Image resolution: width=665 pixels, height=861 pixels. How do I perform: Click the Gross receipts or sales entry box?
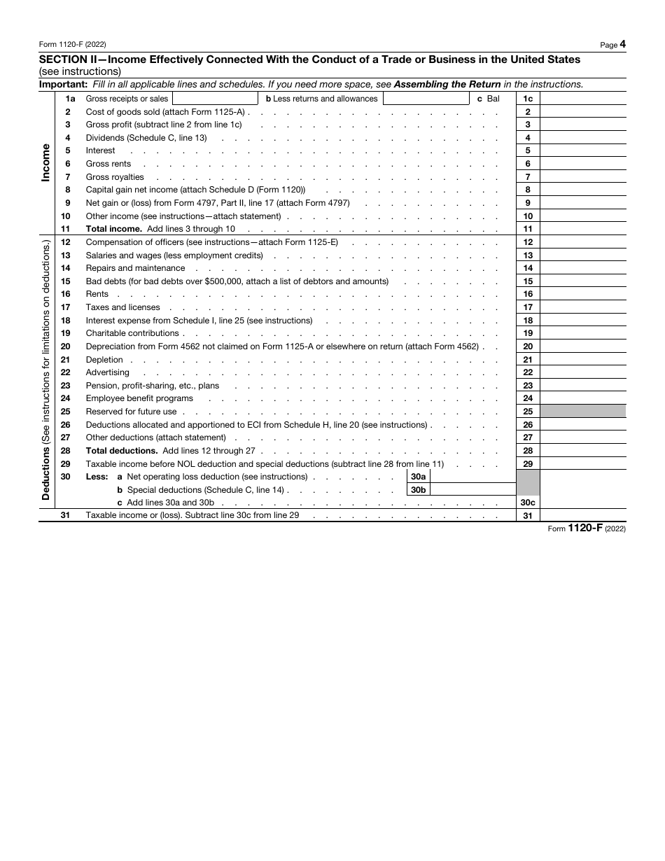point(214,99)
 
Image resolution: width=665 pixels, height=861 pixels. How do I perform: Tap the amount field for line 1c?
point(582,99)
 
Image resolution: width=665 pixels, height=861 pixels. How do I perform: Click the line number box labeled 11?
point(528,229)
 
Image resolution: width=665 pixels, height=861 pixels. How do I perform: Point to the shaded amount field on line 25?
point(582,412)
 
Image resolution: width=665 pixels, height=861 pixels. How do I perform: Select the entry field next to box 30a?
point(472,477)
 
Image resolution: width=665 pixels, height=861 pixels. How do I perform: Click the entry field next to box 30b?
point(472,490)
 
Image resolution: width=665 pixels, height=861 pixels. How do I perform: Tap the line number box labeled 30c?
point(528,503)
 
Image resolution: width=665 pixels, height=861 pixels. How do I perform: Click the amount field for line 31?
point(582,516)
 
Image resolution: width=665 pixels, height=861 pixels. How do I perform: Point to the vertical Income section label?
point(46,163)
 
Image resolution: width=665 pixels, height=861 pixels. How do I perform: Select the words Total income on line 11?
point(114,229)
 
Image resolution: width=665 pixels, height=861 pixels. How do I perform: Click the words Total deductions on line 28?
point(122,451)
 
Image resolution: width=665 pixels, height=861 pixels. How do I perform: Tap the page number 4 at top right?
point(622,44)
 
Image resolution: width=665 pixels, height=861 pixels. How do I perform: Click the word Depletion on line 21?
point(104,360)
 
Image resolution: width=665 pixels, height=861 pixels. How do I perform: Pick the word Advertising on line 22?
point(108,372)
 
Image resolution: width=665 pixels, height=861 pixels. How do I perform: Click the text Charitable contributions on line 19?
point(132,333)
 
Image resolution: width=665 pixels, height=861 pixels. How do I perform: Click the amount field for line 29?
point(582,463)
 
